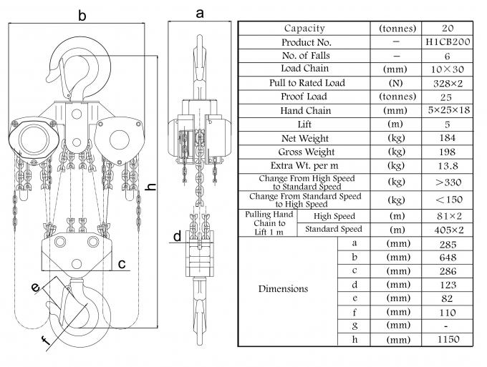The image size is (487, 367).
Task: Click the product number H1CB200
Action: (x=446, y=42)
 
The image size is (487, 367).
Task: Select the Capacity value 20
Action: (x=446, y=29)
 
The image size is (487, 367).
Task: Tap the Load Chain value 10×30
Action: (x=446, y=69)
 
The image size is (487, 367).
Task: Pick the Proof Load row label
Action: (x=304, y=97)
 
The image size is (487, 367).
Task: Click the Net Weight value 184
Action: (x=446, y=137)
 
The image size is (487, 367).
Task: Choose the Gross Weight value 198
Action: (x=446, y=152)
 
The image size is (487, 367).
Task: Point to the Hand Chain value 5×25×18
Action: (x=446, y=110)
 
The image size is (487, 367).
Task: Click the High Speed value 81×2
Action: (x=446, y=215)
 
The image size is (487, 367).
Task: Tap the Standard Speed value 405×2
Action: (x=446, y=230)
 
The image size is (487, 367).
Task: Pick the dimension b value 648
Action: (x=446, y=256)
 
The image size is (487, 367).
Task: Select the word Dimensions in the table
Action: (x=284, y=289)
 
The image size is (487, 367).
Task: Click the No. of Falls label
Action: (x=304, y=56)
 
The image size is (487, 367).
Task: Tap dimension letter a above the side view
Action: (x=199, y=12)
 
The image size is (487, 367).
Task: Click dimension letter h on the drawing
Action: (x=150, y=187)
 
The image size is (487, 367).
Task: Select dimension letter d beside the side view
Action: (x=176, y=236)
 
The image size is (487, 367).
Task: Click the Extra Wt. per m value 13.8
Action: (x=446, y=165)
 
